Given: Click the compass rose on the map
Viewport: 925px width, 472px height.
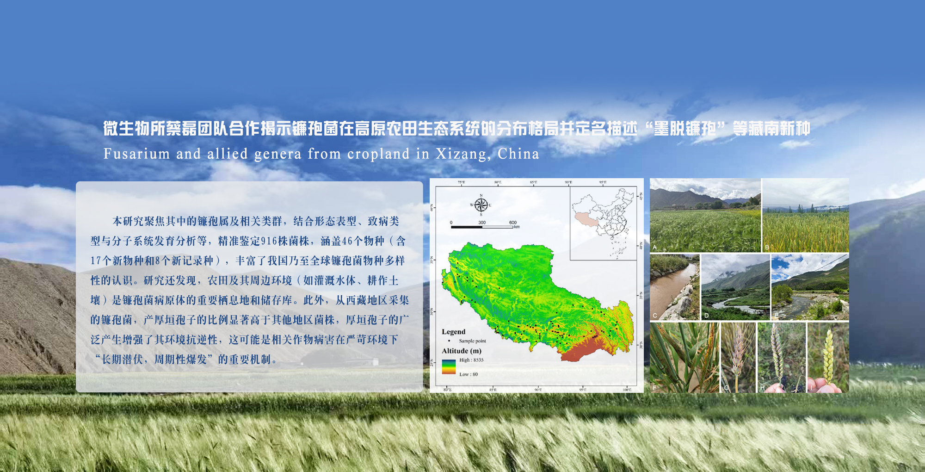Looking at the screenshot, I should point(481,205).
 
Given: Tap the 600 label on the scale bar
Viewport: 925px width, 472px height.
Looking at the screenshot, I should point(512,223).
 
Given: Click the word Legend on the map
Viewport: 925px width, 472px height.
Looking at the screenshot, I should point(453,332).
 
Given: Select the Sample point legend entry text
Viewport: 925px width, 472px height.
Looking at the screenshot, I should point(472,341).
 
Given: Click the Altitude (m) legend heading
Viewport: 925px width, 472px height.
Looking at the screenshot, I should point(461,351).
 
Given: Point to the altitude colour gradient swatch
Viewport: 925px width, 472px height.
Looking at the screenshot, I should point(449,366).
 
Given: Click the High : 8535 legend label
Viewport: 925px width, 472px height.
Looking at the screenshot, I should point(471,360).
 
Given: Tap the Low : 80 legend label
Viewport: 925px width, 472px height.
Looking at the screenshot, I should point(469,374).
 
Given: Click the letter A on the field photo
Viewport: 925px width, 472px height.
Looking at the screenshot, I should point(654,248).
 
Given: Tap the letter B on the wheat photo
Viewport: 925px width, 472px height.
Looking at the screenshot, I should point(767,248).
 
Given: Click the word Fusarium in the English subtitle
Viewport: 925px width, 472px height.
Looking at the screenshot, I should point(136,154).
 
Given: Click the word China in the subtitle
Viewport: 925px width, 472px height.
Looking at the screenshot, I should point(518,154).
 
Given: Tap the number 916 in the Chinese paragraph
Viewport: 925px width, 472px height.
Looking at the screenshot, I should point(269,241).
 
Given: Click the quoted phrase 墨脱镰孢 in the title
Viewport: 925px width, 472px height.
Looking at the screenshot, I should point(685,129).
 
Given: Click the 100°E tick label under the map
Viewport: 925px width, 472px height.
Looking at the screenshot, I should point(627,390).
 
